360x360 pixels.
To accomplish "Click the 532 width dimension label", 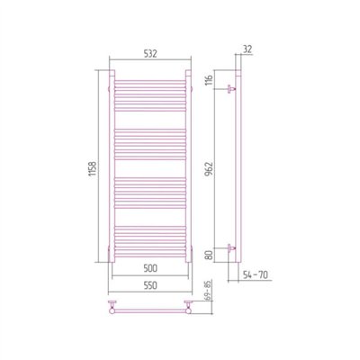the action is [x=150, y=54].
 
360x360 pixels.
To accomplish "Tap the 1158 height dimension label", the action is [x=93, y=170].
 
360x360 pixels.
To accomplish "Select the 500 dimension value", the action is [x=150, y=268].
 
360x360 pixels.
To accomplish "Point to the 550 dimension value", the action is [x=150, y=285].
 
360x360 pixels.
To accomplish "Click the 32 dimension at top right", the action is [x=247, y=49].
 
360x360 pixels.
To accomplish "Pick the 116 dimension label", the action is [x=210, y=80].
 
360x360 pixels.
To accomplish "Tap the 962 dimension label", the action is [x=210, y=169].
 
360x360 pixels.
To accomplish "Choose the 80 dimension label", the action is [x=210, y=255].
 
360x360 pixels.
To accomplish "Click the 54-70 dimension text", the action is [x=255, y=274].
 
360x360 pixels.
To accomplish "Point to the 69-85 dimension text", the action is [x=210, y=291].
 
